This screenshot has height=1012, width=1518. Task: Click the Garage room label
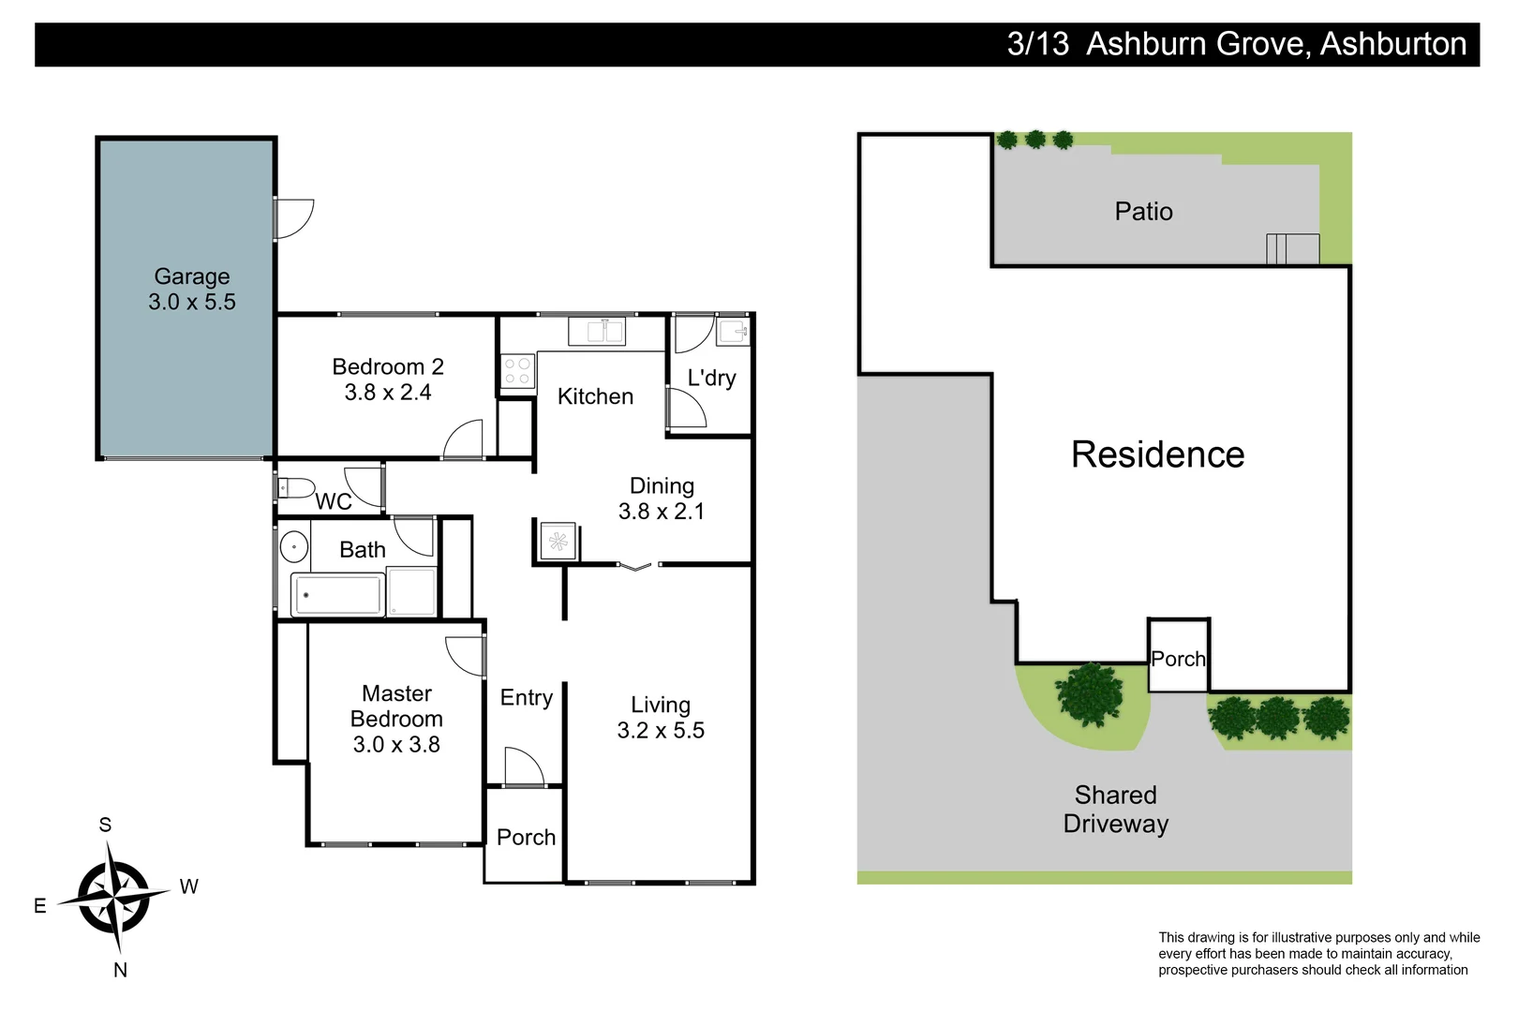click(x=192, y=276)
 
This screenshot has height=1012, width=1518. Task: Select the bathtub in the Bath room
click(x=337, y=595)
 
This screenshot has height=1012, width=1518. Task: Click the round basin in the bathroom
click(x=294, y=546)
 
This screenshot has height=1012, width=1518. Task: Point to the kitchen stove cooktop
click(x=517, y=371)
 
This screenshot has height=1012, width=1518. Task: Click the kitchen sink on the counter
click(x=596, y=331)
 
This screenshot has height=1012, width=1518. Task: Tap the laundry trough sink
click(x=734, y=331)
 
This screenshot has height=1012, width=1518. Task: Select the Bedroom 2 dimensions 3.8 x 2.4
click(x=388, y=393)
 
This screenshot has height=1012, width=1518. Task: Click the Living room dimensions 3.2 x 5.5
click(x=661, y=731)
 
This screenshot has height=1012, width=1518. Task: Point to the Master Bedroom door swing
click(x=464, y=655)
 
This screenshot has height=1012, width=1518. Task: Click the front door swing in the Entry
click(x=523, y=766)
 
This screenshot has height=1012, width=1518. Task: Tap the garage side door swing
click(x=294, y=218)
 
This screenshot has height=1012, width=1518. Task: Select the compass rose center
click(x=113, y=897)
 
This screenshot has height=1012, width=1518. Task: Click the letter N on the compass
click(x=120, y=971)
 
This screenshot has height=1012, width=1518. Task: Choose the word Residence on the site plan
click(x=1157, y=454)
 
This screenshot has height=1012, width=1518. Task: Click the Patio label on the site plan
click(x=1143, y=212)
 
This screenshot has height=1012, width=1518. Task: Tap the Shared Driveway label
click(x=1115, y=810)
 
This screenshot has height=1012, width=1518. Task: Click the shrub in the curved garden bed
click(x=1089, y=694)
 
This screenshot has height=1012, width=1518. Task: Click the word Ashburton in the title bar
click(x=1392, y=44)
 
